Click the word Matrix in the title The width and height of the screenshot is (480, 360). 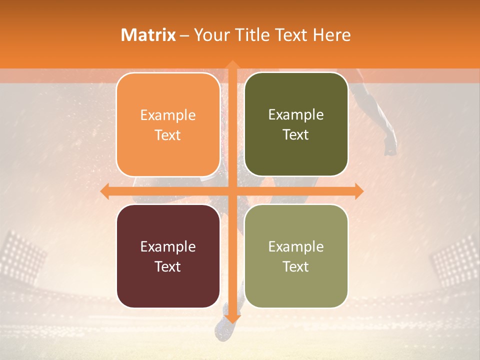tap(148, 35)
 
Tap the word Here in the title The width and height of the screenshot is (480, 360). tap(331, 35)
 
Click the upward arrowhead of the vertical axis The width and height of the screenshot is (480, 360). tap(232, 65)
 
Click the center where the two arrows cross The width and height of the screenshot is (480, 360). tap(232, 191)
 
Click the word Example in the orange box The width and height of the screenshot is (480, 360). tap(168, 115)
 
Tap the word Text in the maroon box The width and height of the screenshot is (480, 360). tap(168, 266)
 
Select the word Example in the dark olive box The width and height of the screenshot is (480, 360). tap(296, 115)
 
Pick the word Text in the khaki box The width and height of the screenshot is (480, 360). tap(296, 266)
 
